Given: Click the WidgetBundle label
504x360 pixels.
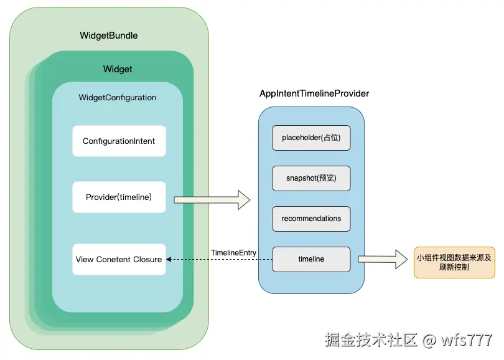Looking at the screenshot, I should click(109, 36).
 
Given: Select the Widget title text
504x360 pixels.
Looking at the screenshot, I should click(118, 69).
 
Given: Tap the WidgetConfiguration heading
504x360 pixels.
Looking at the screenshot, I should click(118, 98).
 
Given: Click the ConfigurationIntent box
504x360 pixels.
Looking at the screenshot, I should click(119, 141).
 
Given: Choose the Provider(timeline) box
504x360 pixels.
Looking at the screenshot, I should click(119, 197).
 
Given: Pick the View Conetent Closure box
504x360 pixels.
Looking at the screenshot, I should click(119, 259).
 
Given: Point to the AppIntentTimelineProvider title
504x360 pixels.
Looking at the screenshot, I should click(314, 93).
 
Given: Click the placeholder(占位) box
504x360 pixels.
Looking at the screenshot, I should click(311, 138).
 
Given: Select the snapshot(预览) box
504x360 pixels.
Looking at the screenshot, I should click(311, 178).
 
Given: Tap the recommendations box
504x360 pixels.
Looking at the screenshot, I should click(311, 219).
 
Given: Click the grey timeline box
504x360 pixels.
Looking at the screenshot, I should click(311, 259).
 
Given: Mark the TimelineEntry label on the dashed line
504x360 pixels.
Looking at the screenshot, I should click(233, 252).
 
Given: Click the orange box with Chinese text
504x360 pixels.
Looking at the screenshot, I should click(454, 262).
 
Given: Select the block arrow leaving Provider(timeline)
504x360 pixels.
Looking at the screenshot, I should click(212, 200).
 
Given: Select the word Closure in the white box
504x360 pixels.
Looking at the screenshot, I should click(147, 259).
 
